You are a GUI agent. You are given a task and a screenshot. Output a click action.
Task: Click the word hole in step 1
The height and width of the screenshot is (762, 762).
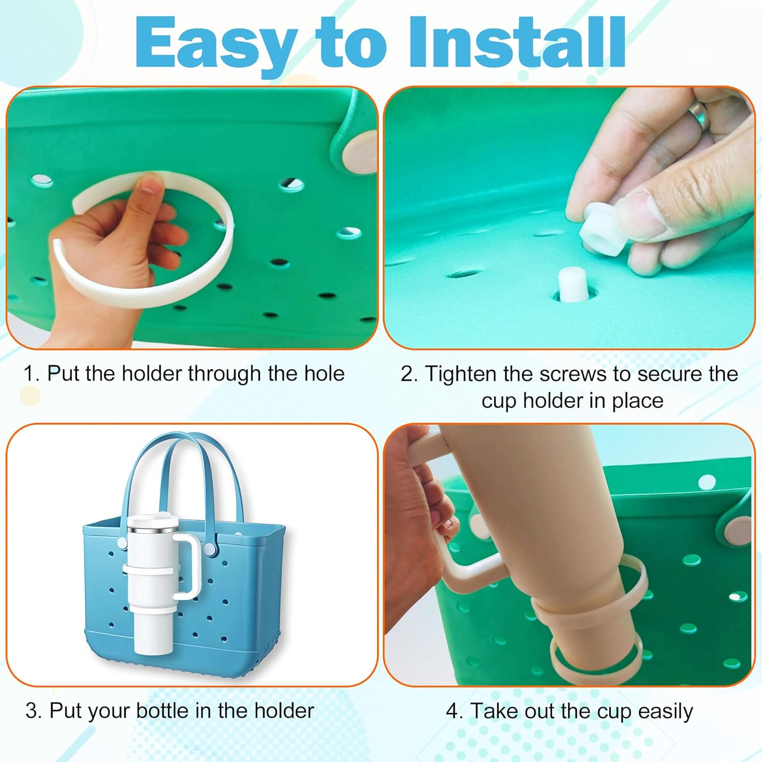coord(324,374)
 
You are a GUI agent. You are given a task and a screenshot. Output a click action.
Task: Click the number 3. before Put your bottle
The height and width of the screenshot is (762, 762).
coord(34,711)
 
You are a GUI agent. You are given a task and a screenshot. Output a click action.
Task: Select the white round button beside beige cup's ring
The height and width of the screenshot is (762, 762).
coord(736,531)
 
